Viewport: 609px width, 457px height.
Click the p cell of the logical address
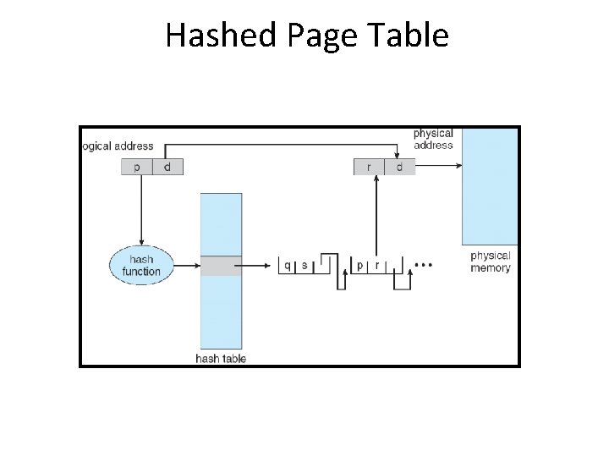pyautogui.click(x=136, y=167)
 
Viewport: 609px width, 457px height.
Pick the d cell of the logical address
pyautogui.click(x=167, y=167)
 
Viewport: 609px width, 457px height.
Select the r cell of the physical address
pyautogui.click(x=369, y=167)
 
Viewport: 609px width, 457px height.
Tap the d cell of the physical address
pyautogui.click(x=399, y=167)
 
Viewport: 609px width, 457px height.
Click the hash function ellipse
pyautogui.click(x=141, y=265)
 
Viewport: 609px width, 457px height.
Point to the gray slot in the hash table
pyautogui.click(x=221, y=265)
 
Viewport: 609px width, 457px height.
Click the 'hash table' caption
pyautogui.click(x=221, y=358)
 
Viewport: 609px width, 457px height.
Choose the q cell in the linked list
pyautogui.click(x=288, y=265)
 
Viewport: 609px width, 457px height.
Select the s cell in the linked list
pyautogui.click(x=304, y=265)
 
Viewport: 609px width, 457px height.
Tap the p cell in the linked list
pyautogui.click(x=359, y=265)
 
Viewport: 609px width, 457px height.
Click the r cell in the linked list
pyautogui.click(x=376, y=265)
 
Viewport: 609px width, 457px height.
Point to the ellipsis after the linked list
pyautogui.click(x=424, y=265)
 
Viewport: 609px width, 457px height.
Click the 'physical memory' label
pyautogui.click(x=491, y=262)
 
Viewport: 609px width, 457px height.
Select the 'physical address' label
pyautogui.click(x=433, y=139)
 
